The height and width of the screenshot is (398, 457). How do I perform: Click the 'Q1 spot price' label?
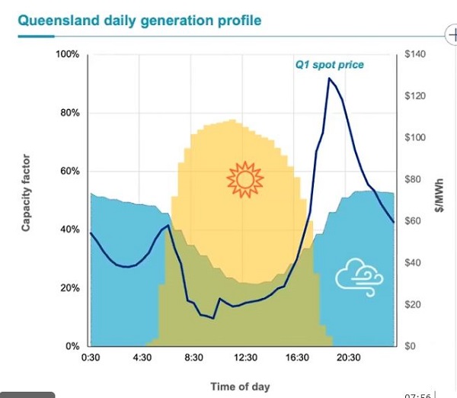330,65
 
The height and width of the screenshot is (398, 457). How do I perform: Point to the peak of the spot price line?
329,79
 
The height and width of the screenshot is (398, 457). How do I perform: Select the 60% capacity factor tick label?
70,172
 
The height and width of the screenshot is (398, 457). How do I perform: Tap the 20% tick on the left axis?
70,288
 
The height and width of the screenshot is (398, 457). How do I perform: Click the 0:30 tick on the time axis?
91,358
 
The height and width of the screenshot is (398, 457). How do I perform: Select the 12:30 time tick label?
245,358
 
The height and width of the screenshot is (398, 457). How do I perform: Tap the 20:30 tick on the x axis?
349,358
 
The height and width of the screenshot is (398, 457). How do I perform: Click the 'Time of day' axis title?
241,387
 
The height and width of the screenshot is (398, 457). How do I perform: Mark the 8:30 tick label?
194,358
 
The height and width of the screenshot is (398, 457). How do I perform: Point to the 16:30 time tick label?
297,358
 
